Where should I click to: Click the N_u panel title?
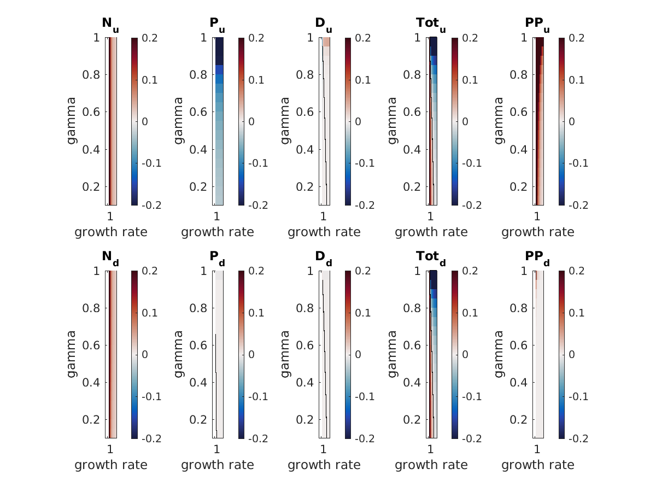coord(110,24)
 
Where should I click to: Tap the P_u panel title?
coord(217,24)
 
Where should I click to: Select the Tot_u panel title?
coord(430,24)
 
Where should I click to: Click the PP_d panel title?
coord(537,257)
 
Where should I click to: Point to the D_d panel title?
coord(324,257)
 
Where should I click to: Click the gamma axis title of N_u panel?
coord(72,121)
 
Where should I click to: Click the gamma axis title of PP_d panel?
coord(499,354)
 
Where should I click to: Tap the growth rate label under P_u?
coord(218,232)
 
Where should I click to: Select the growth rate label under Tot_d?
coord(431,465)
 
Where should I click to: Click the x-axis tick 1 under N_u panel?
coord(110,215)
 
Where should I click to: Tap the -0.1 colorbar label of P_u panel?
coord(260,163)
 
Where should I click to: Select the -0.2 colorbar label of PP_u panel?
coord(581,205)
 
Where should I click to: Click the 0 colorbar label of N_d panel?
coord(145,354)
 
